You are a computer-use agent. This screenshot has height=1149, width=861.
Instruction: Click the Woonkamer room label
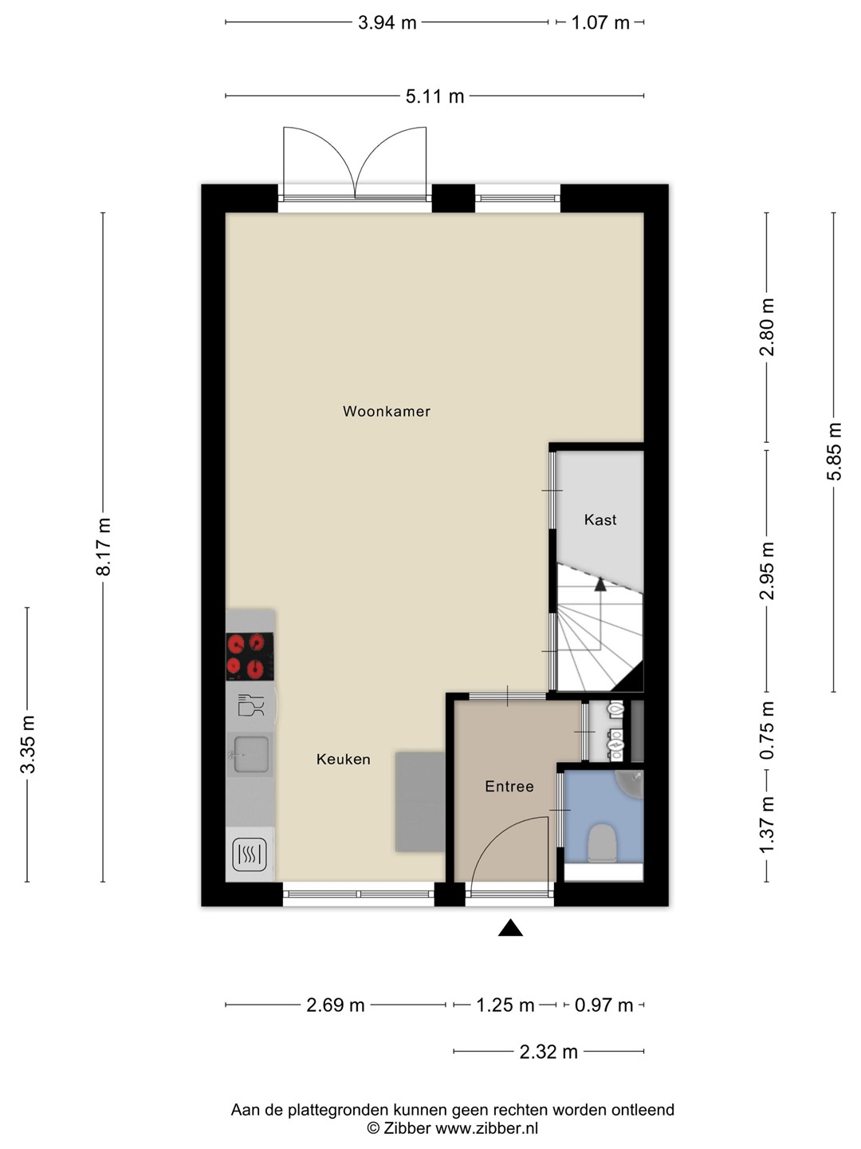point(387,412)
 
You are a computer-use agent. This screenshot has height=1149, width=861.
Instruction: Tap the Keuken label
point(343,759)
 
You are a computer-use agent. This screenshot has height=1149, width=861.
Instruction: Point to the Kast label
point(600,519)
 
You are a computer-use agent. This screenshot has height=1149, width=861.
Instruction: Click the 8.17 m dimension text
point(104,547)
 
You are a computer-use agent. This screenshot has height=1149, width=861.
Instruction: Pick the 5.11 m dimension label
point(435,97)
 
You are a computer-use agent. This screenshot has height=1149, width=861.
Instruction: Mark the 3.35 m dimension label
point(28,744)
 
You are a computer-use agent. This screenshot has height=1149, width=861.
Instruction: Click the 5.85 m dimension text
point(835,452)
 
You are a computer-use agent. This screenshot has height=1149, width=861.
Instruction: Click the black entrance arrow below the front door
point(510,927)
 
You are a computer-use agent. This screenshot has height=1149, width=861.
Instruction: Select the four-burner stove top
point(250,657)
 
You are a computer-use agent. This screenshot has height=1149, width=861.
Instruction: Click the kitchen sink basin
point(251,754)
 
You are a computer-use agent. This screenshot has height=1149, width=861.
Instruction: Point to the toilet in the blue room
point(602,843)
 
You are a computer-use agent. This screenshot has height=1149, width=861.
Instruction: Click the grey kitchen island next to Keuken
point(420,802)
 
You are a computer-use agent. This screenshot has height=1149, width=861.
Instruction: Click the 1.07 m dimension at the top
point(600,23)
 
